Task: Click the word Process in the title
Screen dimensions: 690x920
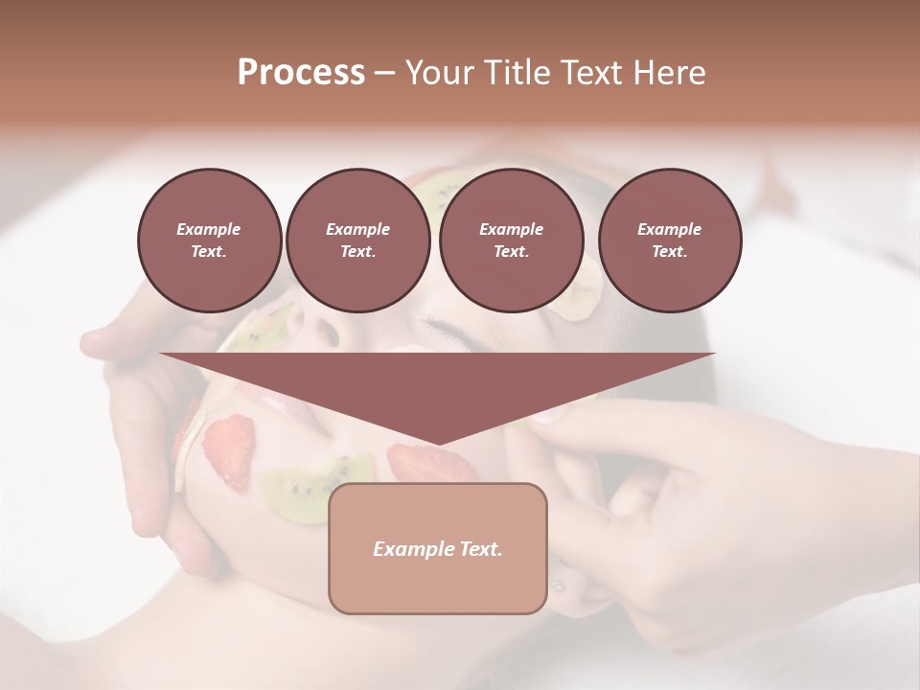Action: pos(301,72)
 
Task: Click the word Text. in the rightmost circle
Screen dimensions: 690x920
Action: pos(669,251)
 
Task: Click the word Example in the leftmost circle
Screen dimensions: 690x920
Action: pos(208,229)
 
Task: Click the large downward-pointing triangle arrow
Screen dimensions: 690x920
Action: pos(437,383)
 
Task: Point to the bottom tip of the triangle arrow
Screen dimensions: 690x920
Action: pos(438,444)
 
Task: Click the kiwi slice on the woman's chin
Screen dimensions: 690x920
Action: pos(305,480)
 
